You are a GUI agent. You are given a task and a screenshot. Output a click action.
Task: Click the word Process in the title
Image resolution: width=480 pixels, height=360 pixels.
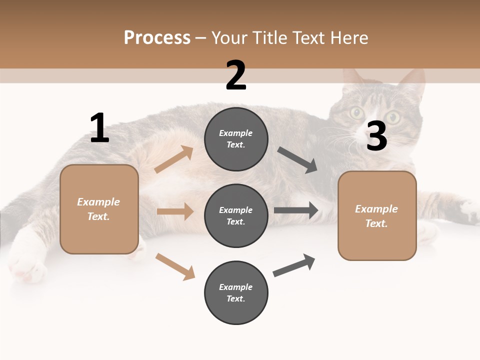pyautogui.click(x=157, y=37)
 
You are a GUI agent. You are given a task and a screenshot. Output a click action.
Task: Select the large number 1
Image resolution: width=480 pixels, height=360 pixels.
pyautogui.click(x=99, y=128)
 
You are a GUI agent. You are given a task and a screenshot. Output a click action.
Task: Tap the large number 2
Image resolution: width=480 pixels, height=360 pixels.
pyautogui.click(x=236, y=76)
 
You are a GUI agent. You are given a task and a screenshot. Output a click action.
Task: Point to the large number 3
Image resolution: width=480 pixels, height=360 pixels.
pyautogui.click(x=376, y=136)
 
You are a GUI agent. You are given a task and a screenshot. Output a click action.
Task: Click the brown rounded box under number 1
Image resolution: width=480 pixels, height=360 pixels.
pyautogui.click(x=99, y=209)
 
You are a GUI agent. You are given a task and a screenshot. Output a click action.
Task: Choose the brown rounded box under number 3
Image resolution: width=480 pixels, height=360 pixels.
pyautogui.click(x=377, y=215)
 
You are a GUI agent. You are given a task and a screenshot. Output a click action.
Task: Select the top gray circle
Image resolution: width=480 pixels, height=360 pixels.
pyautogui.click(x=236, y=139)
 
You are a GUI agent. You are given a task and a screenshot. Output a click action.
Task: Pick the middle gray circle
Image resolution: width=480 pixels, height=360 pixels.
pyautogui.click(x=236, y=215)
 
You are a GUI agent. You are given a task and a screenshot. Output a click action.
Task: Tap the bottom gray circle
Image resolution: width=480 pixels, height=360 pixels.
pyautogui.click(x=236, y=292)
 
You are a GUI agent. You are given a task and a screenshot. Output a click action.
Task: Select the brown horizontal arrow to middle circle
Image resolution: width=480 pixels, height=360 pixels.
pyautogui.click(x=175, y=211)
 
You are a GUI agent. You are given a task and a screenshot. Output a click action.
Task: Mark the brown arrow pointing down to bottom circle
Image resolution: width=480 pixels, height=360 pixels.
pyautogui.click(x=175, y=266)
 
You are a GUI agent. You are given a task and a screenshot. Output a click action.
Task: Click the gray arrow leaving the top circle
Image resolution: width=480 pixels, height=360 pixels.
pyautogui.click(x=297, y=160)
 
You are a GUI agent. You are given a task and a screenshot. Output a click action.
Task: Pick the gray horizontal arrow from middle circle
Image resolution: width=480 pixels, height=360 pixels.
pyautogui.click(x=296, y=210)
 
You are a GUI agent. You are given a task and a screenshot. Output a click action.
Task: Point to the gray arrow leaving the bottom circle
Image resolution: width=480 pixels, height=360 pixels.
pyautogui.click(x=294, y=265)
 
